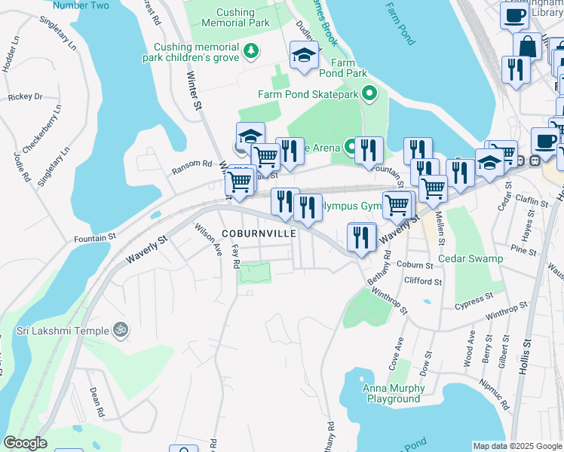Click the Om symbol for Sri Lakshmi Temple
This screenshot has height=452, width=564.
click(x=118, y=329)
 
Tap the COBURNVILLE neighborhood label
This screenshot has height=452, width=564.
click(x=259, y=234)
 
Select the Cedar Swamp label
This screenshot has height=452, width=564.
click(x=470, y=258)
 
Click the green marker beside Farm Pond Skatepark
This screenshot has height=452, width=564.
click(x=369, y=94)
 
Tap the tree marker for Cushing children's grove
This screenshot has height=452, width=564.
click(x=251, y=52)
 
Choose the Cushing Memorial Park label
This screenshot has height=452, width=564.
click(x=232, y=18)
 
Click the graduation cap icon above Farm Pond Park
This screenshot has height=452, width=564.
click(x=304, y=55)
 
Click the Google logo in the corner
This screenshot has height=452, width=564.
click(x=25, y=443)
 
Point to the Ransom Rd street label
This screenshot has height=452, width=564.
click(x=192, y=163)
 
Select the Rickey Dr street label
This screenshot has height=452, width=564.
click(x=25, y=96)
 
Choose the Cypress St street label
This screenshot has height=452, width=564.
click(x=473, y=302)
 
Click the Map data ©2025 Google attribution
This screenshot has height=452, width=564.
click(x=517, y=446)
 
